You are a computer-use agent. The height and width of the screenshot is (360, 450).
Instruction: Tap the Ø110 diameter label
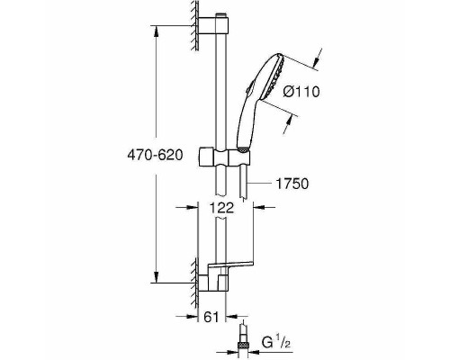pos(301,91)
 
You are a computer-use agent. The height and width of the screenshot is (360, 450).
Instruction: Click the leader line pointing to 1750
pos(261,184)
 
